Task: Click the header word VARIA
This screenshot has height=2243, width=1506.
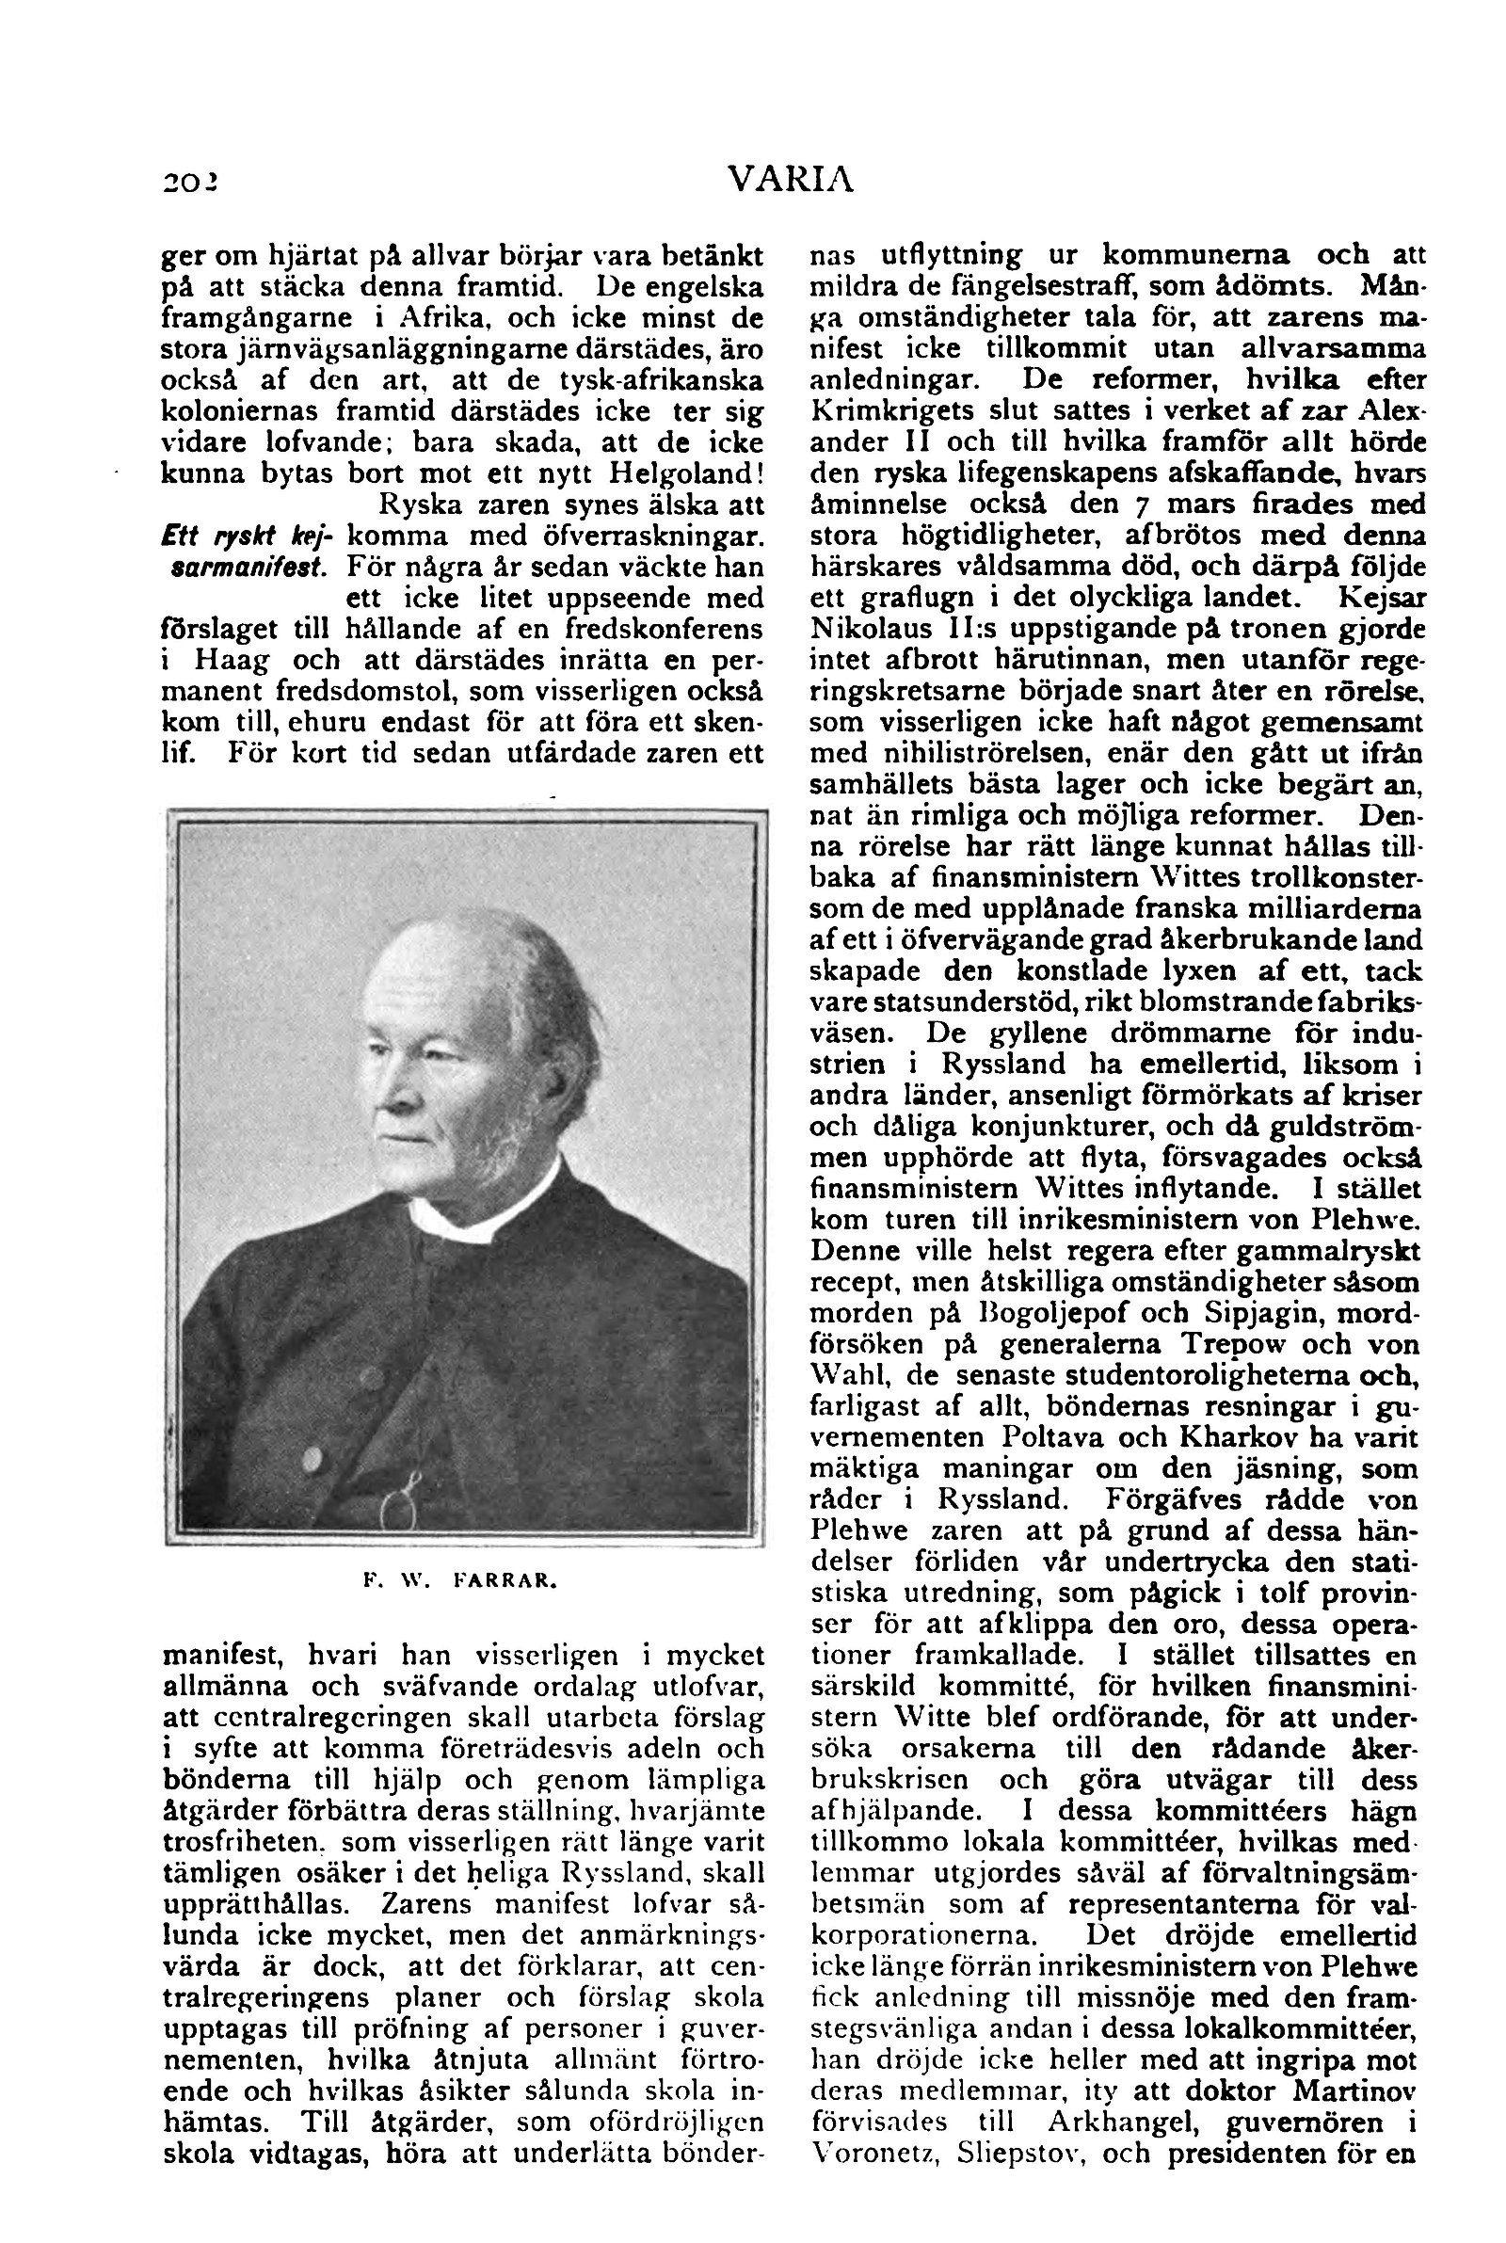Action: tap(791, 180)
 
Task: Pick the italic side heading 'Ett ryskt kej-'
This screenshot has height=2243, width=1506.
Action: tap(245, 535)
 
